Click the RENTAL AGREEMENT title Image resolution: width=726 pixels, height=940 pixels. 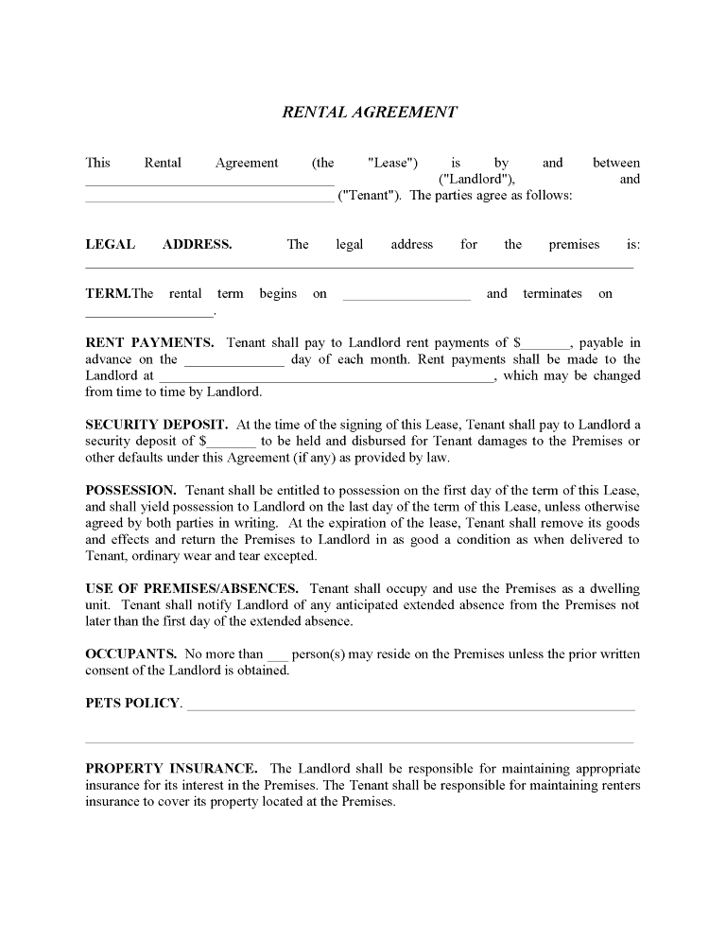coord(370,112)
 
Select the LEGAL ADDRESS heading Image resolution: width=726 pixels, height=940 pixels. coord(158,244)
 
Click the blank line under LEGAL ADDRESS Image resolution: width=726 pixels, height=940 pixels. coord(359,266)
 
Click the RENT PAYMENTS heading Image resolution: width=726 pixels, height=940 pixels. coord(149,342)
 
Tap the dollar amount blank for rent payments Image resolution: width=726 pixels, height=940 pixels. coord(546,346)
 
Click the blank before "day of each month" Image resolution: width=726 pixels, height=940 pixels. coord(233,362)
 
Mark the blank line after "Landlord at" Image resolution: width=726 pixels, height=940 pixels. coord(326,378)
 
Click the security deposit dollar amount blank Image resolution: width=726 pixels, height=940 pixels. coord(232,444)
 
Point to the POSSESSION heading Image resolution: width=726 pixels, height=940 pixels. coord(130,490)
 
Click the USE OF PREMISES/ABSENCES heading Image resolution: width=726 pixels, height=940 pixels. coord(192,587)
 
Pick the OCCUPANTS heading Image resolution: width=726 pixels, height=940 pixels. coord(130,653)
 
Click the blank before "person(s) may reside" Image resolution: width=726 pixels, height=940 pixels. coord(277,657)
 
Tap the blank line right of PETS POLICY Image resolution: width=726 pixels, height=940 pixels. coord(411,707)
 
